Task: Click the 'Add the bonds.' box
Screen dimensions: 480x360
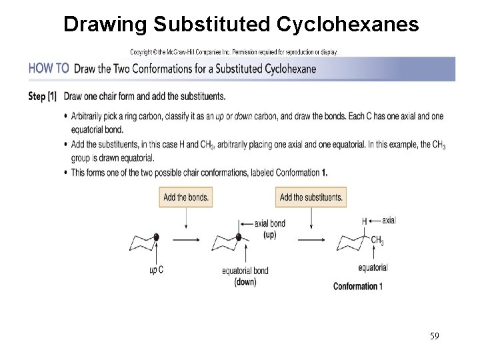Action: [x=186, y=197]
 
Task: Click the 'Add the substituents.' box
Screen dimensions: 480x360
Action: [x=311, y=197]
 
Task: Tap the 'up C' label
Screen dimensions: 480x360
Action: [x=156, y=269]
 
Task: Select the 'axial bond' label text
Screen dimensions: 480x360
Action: [x=270, y=223]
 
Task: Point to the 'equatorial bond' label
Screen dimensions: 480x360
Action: [x=245, y=271]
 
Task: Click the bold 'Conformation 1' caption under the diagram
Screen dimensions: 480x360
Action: [x=358, y=287]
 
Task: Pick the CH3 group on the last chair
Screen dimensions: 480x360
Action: [x=377, y=241]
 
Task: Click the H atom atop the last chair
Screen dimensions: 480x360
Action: [x=365, y=221]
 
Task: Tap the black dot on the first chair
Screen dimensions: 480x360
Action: [x=156, y=237]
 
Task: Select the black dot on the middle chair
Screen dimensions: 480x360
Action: [x=238, y=237]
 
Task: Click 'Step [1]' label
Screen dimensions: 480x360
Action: [x=42, y=96]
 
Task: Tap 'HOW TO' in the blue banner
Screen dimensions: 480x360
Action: [x=49, y=68]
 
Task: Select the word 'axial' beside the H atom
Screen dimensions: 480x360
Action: [x=389, y=220]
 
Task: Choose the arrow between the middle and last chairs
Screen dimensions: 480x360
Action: [x=311, y=238]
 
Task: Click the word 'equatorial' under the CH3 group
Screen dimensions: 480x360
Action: [x=373, y=268]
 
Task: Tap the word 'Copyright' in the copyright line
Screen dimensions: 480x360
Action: [x=143, y=51]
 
